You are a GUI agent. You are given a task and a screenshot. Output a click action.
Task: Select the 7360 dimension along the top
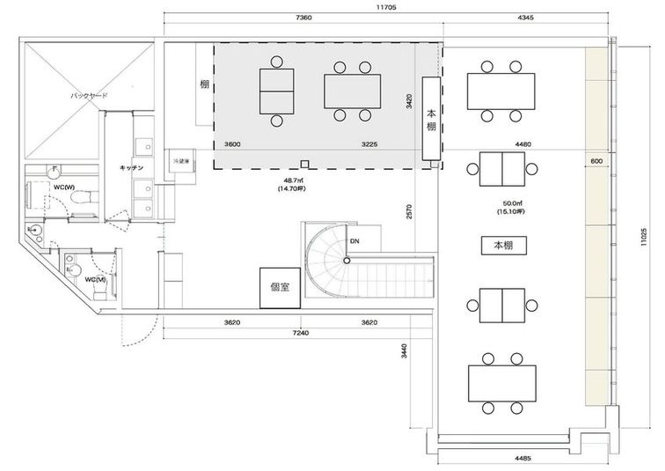point(303,18)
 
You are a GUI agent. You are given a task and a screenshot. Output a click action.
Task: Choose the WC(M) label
point(96,280)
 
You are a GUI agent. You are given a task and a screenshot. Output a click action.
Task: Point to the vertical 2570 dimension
point(410,213)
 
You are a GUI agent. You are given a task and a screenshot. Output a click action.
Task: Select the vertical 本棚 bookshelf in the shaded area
point(431,120)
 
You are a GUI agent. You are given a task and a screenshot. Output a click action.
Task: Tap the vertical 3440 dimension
point(404,352)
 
